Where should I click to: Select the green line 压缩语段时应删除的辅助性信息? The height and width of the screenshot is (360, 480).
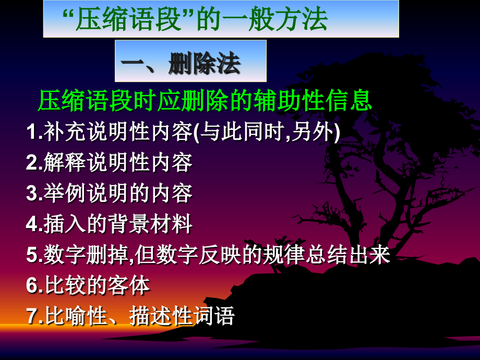coord(205,100)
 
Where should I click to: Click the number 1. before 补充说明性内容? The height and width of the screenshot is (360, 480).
coord(34,133)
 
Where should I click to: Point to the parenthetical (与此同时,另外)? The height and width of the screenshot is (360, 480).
coord(267,133)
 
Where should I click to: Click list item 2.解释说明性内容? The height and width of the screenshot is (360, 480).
coord(110,163)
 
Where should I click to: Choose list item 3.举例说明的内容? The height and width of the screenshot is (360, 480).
coord(110,194)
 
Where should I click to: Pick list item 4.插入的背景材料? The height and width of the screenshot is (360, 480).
coord(110,224)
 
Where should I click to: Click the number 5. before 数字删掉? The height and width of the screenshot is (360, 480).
coord(34,255)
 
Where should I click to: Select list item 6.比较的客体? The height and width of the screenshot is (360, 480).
coord(89,285)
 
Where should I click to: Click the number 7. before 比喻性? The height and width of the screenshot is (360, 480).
coord(34,316)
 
